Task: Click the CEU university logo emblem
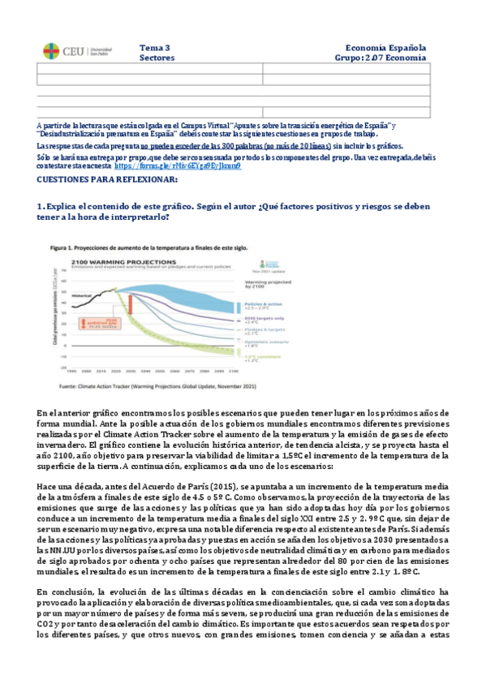click(x=51, y=51)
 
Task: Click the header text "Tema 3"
click(x=155, y=48)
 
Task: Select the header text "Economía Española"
click(x=385, y=48)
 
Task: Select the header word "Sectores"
click(x=157, y=58)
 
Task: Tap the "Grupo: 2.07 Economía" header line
click(x=380, y=58)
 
